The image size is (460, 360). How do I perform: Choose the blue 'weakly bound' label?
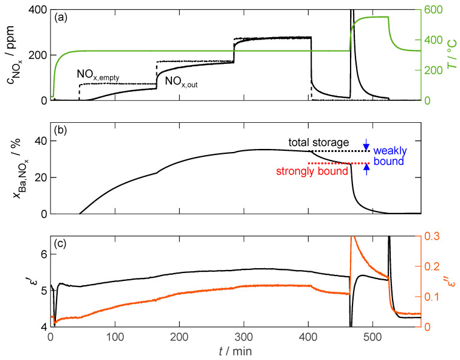point(390,156)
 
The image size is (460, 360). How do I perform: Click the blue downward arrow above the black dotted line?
point(366,145)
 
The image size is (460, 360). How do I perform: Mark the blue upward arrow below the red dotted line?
point(366,170)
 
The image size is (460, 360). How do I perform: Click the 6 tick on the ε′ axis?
point(41,255)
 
